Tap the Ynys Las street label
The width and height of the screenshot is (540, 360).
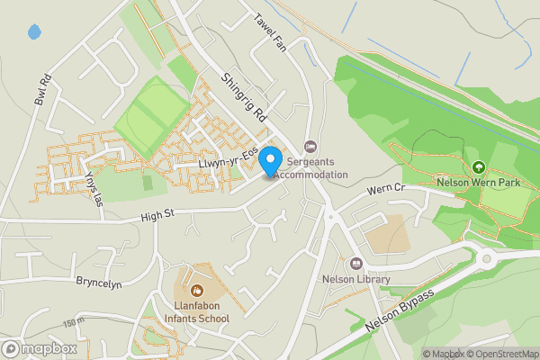point(91,190)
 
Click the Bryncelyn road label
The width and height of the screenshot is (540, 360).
point(98,283)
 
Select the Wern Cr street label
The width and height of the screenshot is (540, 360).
point(387,192)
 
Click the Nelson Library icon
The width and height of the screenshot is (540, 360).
point(356,264)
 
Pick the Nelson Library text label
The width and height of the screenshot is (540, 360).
point(356,279)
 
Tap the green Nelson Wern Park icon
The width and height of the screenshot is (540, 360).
point(479,166)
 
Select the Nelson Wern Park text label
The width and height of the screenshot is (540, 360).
point(479,182)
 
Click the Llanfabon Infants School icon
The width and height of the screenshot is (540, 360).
point(197,290)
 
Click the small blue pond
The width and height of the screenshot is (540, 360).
point(34,32)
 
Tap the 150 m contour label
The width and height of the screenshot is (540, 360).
point(73,321)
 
